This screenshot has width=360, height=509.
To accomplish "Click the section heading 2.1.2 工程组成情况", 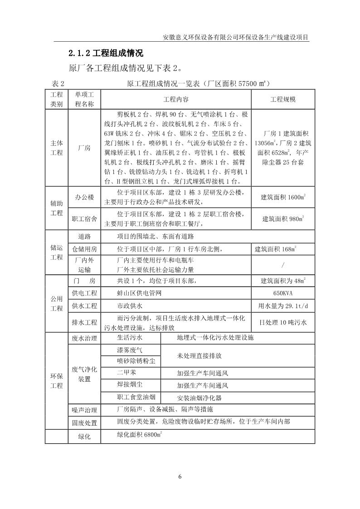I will (106, 53).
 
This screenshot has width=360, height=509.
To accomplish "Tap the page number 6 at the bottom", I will (180, 476).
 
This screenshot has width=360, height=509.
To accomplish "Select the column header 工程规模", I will (283, 99).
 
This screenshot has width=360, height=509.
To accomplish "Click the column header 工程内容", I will (175, 99).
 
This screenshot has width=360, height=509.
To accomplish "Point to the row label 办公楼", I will (84, 197).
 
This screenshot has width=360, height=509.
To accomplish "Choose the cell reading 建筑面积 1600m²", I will (283, 197).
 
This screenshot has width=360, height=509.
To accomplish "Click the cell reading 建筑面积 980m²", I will (283, 219).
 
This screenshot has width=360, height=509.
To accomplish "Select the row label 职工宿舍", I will (84, 219).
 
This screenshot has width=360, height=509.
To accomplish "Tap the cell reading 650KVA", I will (283, 293).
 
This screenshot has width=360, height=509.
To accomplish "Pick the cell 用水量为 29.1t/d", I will (283, 306).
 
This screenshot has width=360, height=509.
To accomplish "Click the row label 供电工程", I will (84, 293).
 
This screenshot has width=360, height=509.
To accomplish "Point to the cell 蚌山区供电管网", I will (139, 293).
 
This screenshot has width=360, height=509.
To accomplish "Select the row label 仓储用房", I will (84, 249).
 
